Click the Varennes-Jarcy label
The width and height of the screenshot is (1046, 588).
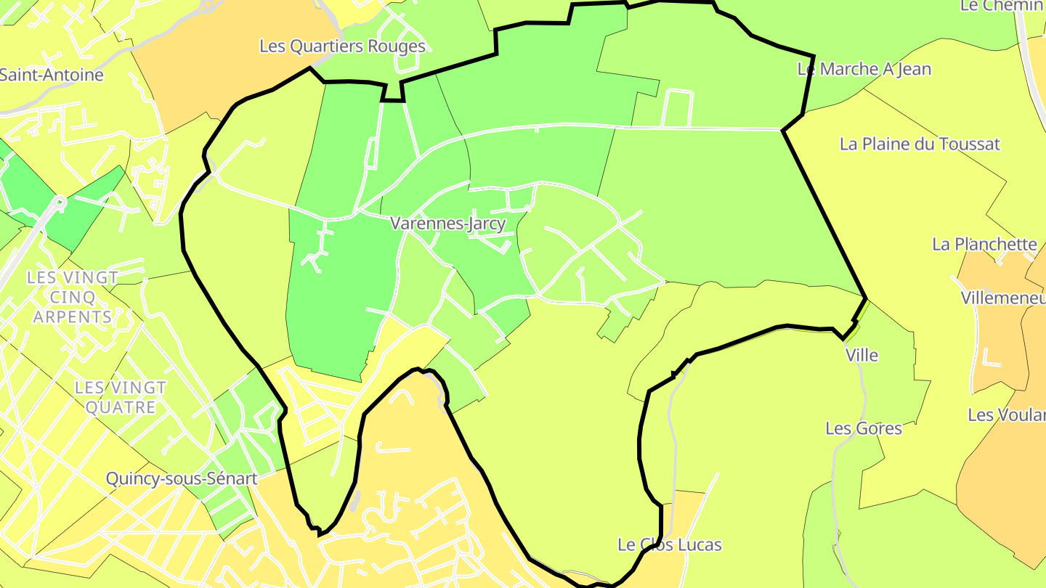(447, 224)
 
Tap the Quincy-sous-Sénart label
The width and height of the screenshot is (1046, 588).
(181, 479)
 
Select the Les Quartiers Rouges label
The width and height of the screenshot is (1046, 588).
(342, 46)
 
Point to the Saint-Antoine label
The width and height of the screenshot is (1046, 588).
(51, 75)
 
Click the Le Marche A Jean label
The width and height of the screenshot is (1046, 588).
(864, 70)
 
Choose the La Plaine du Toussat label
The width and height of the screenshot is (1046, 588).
(920, 144)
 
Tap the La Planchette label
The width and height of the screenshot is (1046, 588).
(984, 244)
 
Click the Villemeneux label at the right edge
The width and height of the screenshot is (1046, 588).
(1003, 298)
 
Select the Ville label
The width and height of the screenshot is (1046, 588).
(861, 356)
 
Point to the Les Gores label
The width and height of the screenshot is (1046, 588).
(864, 428)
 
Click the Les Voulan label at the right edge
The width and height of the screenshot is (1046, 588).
(1006, 415)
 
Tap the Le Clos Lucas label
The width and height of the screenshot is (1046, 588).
(669, 544)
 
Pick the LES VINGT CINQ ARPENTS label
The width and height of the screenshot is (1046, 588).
(73, 297)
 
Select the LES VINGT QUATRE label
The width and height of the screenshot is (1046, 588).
(121, 397)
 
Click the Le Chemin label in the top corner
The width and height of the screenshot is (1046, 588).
(1002, 6)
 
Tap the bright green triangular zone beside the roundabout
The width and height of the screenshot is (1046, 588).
(80, 211)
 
